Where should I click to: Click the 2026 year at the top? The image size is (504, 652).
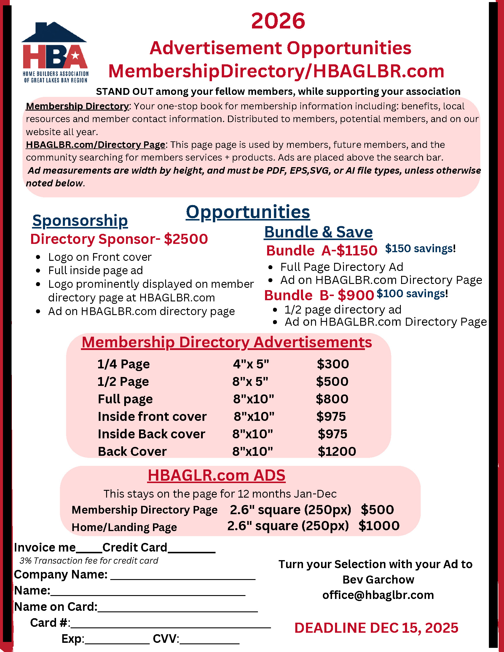click(278, 21)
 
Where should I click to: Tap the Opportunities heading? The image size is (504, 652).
click(248, 212)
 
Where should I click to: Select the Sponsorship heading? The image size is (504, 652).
click(80, 221)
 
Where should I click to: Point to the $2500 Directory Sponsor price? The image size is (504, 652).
click(186, 239)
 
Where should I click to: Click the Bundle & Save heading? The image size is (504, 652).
click(318, 232)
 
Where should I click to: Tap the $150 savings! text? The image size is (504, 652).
click(420, 248)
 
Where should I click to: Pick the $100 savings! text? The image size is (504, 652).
click(412, 293)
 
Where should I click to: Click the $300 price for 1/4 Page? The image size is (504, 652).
click(333, 364)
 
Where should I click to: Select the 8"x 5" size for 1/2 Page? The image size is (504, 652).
click(250, 381)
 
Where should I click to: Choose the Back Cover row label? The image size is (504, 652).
click(132, 451)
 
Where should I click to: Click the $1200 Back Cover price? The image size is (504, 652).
click(337, 451)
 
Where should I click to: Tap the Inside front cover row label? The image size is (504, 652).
click(152, 416)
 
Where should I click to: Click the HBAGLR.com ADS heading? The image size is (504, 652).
click(216, 475)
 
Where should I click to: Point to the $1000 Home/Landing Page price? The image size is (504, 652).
click(379, 526)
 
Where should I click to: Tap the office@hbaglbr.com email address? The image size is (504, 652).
click(378, 595)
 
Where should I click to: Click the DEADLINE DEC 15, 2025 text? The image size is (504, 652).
click(376, 628)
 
